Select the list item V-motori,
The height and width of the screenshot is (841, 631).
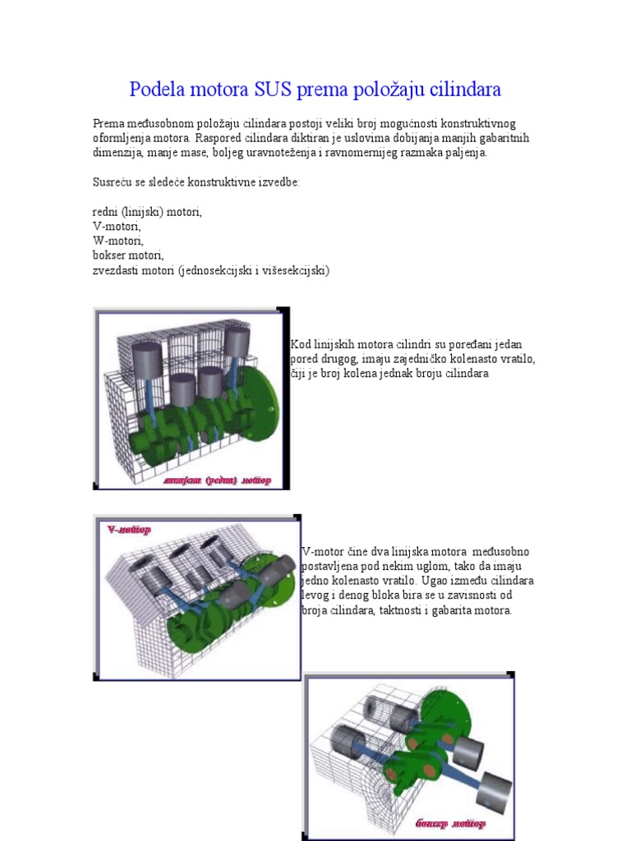(x=117, y=226)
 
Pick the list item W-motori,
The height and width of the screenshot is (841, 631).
(x=118, y=241)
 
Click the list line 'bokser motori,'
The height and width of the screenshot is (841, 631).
(x=128, y=255)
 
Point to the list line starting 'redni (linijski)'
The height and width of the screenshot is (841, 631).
(x=147, y=211)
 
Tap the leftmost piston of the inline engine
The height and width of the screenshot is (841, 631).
(x=147, y=359)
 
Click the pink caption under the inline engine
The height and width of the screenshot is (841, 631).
(x=217, y=480)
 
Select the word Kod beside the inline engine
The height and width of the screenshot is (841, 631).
(x=301, y=344)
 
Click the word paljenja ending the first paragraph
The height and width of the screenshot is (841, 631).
(x=465, y=153)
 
